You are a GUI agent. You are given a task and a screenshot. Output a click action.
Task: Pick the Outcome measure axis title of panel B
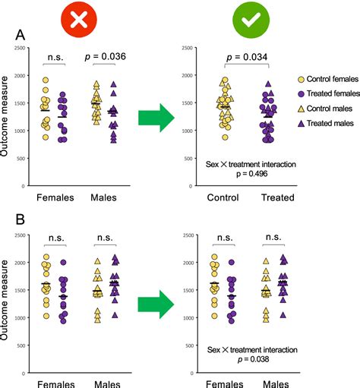pyautogui.click(x=6, y=304)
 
